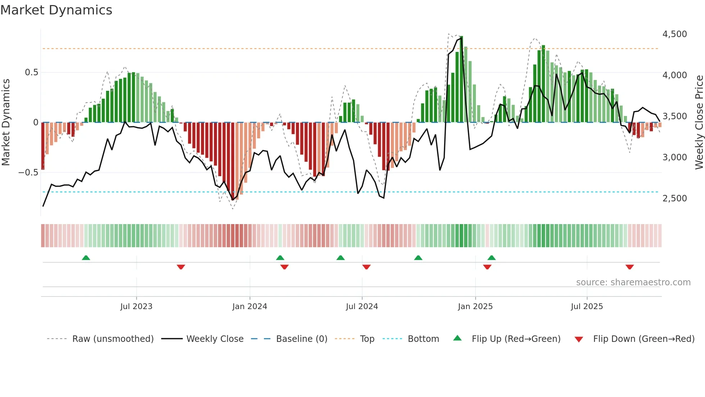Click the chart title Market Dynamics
tap(56, 10)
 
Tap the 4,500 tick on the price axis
tap(674, 34)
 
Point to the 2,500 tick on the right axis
tap(674, 198)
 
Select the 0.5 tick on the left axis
tap(31, 72)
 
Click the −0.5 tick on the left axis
tap(28, 173)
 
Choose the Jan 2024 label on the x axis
tap(250, 307)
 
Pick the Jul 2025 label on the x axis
tap(587, 307)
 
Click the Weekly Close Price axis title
tap(699, 122)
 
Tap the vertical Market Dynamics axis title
tap(6, 122)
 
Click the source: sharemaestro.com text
tap(633, 282)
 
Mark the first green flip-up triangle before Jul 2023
tap(86, 258)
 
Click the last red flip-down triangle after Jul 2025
tap(629, 267)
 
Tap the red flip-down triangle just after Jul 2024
tap(366, 267)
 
